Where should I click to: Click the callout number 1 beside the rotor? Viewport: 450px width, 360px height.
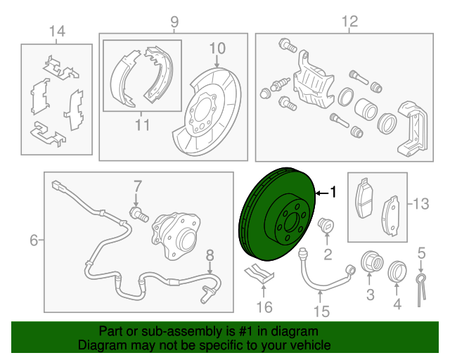(333, 192)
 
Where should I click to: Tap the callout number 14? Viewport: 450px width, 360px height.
(56, 31)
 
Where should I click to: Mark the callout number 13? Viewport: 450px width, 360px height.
(420, 205)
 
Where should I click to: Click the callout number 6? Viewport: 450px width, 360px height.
(34, 241)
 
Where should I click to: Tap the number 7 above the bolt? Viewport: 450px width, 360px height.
(138, 186)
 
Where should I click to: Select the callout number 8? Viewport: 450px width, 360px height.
(210, 255)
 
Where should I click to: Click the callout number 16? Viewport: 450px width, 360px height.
(264, 307)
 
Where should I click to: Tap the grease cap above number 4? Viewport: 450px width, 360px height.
(397, 269)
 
